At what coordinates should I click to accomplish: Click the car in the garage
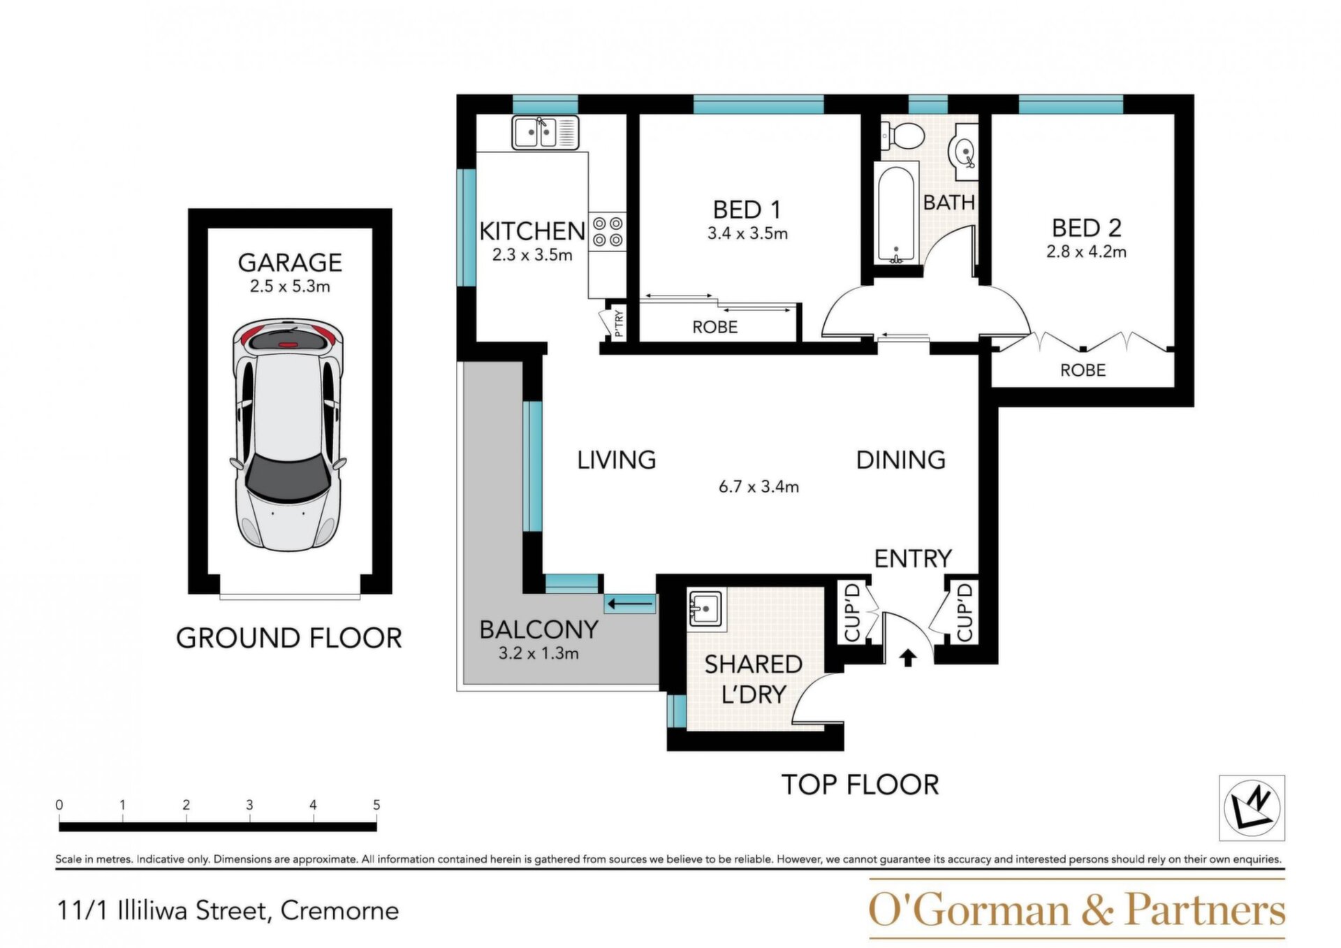(288, 434)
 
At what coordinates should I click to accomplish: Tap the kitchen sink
(545, 133)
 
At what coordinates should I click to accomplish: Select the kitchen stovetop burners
(607, 232)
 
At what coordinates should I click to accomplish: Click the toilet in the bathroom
(903, 134)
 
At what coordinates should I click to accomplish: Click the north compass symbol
(1252, 808)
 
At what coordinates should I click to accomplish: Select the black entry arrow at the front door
(907, 658)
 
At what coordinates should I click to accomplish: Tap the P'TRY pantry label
(618, 323)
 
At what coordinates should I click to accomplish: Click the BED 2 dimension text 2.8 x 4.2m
(1086, 251)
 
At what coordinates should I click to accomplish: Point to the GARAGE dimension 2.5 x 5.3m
(290, 286)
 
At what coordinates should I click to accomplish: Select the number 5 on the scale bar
(376, 805)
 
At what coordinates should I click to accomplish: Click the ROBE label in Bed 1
(715, 327)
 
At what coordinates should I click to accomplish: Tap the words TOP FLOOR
(860, 785)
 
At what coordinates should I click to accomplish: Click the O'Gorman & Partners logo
(1076, 909)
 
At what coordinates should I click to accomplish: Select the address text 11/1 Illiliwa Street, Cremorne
(228, 911)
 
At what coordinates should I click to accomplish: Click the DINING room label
(901, 460)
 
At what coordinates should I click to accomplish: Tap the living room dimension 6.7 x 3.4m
(759, 487)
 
